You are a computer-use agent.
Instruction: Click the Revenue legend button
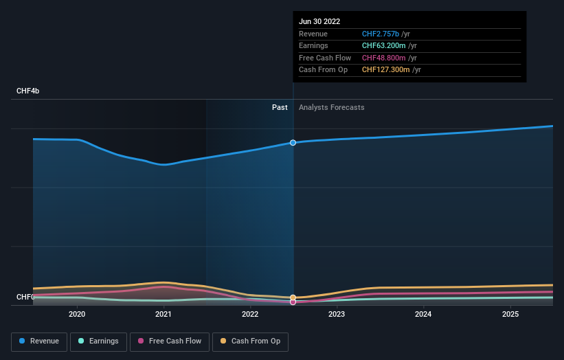click(39, 341)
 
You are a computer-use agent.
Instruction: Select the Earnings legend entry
click(98, 341)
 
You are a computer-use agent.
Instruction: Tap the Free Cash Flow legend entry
click(169, 341)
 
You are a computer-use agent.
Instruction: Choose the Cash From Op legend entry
click(250, 341)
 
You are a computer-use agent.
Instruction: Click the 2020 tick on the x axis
click(77, 314)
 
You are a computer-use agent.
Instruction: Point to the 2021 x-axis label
click(163, 314)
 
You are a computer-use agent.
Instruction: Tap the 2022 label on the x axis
click(250, 314)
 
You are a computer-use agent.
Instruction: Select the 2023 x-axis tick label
click(337, 314)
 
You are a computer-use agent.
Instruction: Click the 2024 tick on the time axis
click(423, 314)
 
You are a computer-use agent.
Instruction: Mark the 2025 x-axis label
click(510, 314)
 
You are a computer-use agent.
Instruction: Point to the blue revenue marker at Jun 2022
click(293, 143)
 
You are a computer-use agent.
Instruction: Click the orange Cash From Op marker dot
click(293, 297)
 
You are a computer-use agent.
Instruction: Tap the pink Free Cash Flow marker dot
click(293, 302)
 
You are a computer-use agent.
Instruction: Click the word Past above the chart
click(280, 107)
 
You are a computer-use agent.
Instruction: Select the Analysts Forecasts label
click(332, 107)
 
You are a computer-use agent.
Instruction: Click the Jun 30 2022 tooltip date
click(319, 22)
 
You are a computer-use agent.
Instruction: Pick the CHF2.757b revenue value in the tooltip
click(380, 34)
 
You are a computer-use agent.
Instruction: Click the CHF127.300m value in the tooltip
click(385, 69)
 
